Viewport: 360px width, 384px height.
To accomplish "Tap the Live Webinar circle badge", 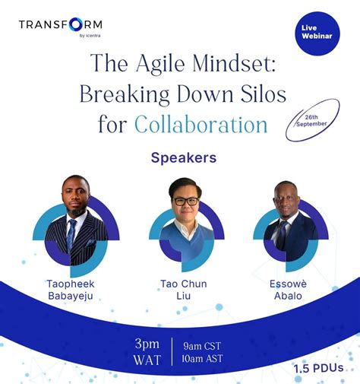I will tap(314, 33).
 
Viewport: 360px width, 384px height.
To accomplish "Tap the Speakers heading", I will tap(184, 158).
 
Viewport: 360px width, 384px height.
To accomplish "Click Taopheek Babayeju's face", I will tap(75, 198).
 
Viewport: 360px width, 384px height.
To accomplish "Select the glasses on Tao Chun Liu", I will tap(185, 201).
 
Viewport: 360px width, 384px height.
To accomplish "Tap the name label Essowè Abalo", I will tap(287, 290).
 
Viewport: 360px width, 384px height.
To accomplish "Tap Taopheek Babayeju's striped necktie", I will tap(71, 235).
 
